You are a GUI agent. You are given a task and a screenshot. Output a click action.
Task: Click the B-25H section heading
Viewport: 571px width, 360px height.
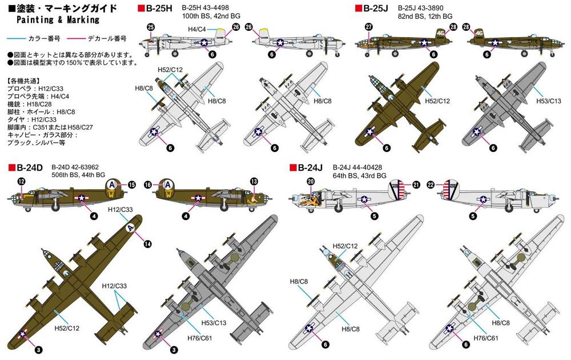pyautogui.click(x=159, y=9)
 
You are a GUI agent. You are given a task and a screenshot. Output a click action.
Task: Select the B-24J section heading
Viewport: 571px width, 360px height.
pyautogui.click(x=310, y=167)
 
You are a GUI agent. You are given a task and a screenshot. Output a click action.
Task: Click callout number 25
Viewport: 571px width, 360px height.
pyautogui.click(x=151, y=27)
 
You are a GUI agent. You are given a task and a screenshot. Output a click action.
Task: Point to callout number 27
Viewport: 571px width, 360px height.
pyautogui.click(x=369, y=27)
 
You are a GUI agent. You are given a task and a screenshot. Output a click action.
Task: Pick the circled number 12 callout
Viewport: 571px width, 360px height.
pyautogui.click(x=22, y=181)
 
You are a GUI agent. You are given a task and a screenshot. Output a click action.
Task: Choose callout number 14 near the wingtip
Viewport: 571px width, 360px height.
pyautogui.click(x=147, y=244)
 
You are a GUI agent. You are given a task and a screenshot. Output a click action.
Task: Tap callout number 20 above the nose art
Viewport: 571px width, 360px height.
pyautogui.click(x=311, y=182)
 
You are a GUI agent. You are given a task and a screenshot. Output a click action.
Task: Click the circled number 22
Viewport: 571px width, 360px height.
pyautogui.click(x=431, y=185)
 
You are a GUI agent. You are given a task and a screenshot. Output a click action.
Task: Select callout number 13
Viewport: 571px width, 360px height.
pyautogui.click(x=254, y=181)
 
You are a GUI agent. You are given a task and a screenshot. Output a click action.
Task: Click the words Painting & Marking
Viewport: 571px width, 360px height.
pyautogui.click(x=58, y=19)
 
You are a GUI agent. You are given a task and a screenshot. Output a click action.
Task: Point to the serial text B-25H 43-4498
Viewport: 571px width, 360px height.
pyautogui.click(x=206, y=7)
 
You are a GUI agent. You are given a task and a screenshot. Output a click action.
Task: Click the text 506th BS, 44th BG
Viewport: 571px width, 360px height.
pyautogui.click(x=78, y=175)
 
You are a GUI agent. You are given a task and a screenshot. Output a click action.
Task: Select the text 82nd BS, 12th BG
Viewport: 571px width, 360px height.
pyautogui.click(x=425, y=16)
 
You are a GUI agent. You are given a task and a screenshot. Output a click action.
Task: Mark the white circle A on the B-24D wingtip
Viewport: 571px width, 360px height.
pyautogui.click(x=131, y=228)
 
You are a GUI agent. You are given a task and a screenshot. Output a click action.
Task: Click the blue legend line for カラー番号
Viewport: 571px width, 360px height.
pyautogui.click(x=16, y=38)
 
